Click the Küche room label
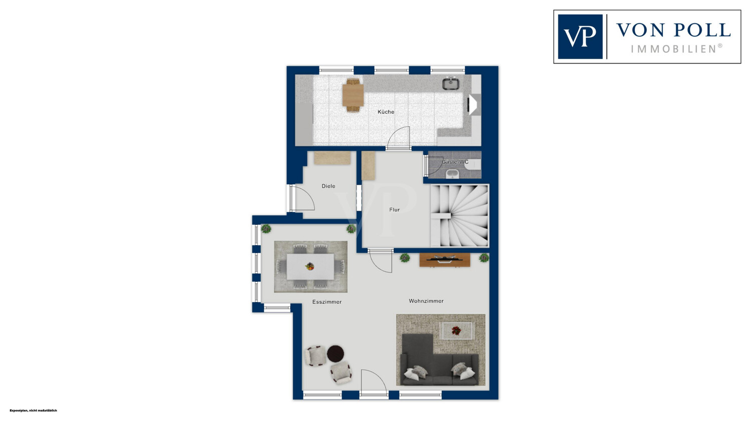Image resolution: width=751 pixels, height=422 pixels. tap(386, 112)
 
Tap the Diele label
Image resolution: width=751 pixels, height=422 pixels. tap(328, 186)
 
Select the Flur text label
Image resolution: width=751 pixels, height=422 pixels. tap(395, 210)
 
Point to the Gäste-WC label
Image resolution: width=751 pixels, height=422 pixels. tap(455, 162)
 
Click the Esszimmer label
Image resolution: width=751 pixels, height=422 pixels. tap(327, 302)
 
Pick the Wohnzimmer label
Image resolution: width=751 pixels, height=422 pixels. tap(426, 301)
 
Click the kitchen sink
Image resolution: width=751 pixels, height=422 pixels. tap(451, 84)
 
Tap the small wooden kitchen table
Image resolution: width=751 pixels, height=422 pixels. tap(353, 95)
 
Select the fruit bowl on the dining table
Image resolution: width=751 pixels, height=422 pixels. tap(310, 266)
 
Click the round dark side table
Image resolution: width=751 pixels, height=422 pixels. tap(335, 353)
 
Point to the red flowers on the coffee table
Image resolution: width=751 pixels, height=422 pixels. tap(456, 331)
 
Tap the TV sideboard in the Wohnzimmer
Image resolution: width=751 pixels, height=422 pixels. tap(445, 260)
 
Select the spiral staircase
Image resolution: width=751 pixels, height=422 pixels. tap(459, 216)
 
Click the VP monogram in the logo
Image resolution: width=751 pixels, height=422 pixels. tap(580, 37)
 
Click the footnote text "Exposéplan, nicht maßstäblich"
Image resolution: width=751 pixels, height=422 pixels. tap(33, 410)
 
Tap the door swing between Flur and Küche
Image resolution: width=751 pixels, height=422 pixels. tap(399, 138)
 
